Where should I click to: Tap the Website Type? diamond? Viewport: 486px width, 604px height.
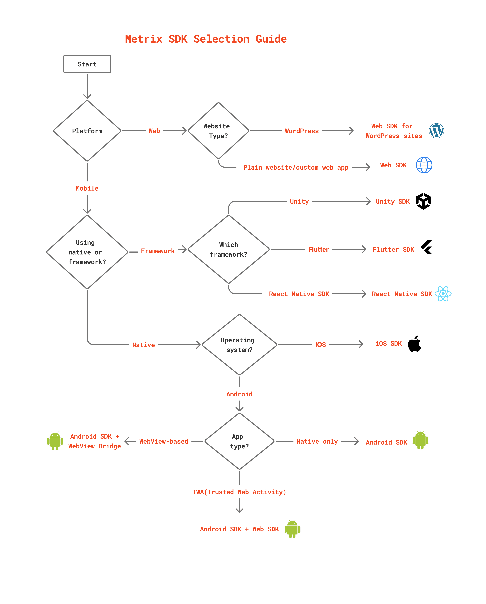218,131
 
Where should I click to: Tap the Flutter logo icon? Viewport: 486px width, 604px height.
426,247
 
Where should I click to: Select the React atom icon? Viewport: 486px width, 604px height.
443,294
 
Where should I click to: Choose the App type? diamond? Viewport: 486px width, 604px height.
239,441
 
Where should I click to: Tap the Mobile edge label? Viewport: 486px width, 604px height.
87,188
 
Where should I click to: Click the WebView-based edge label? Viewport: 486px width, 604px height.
164,441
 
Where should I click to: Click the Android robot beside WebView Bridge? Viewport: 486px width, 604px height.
55,441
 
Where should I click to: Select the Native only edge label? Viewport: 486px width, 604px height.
317,441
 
